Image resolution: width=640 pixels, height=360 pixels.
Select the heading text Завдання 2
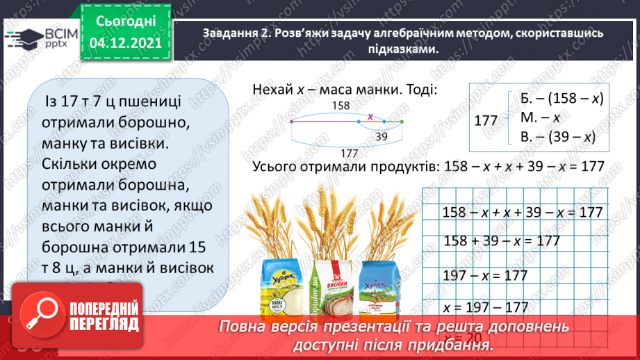(x=236, y=34)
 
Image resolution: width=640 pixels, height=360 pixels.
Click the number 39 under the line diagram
(x=380, y=137)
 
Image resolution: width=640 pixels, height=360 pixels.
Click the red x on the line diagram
(x=370, y=116)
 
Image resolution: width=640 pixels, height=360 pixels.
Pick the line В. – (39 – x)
(x=558, y=138)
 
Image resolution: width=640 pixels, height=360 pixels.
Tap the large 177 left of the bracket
(x=486, y=120)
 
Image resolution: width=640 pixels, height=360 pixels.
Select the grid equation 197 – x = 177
(x=485, y=275)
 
